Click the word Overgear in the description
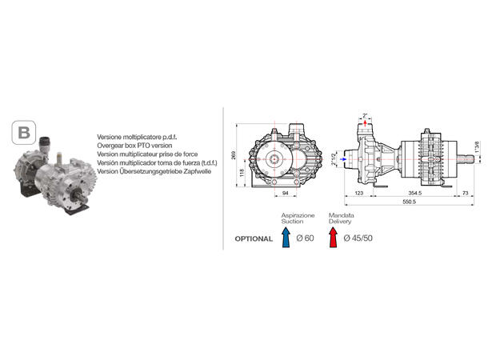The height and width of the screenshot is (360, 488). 110,147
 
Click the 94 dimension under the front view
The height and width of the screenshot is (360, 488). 286,194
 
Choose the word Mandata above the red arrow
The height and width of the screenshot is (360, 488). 342,216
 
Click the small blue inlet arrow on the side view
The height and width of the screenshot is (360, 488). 344,159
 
